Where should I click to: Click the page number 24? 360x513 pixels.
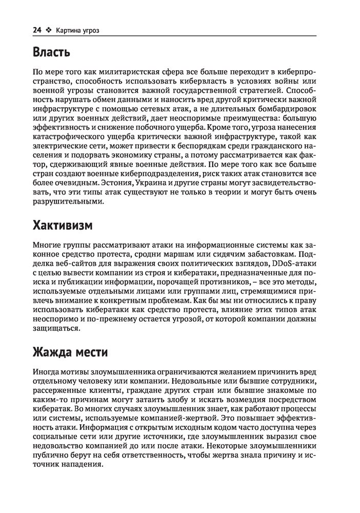36,30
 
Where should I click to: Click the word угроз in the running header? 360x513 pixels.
88,30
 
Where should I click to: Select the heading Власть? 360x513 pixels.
51,52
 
